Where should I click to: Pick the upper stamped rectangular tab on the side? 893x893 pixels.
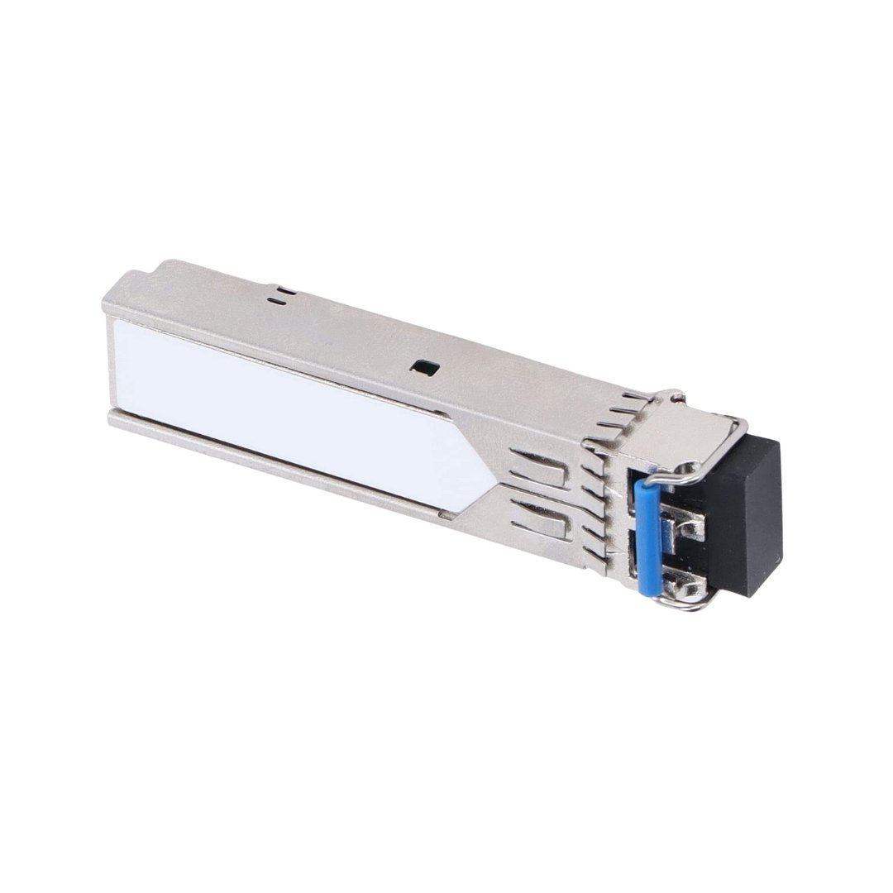coord(537,472)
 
